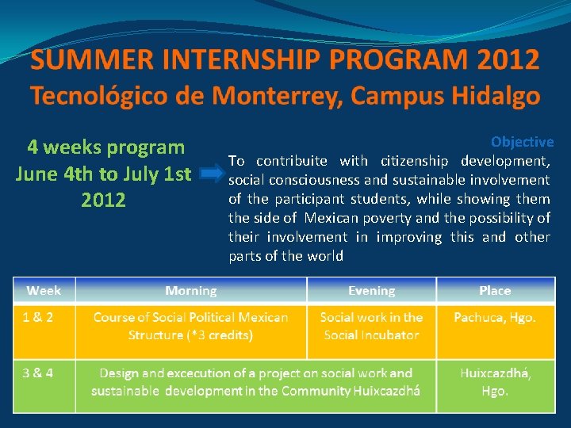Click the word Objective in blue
(x=522, y=142)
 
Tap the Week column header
(x=44, y=291)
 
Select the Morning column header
(x=190, y=291)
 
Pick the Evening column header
(x=371, y=291)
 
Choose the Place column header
(x=495, y=291)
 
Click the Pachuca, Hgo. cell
(x=495, y=317)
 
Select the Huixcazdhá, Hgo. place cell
(x=495, y=381)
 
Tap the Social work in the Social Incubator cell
(x=371, y=326)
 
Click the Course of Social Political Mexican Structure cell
(x=190, y=326)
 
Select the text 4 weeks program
(x=105, y=147)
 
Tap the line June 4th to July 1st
(x=103, y=174)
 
